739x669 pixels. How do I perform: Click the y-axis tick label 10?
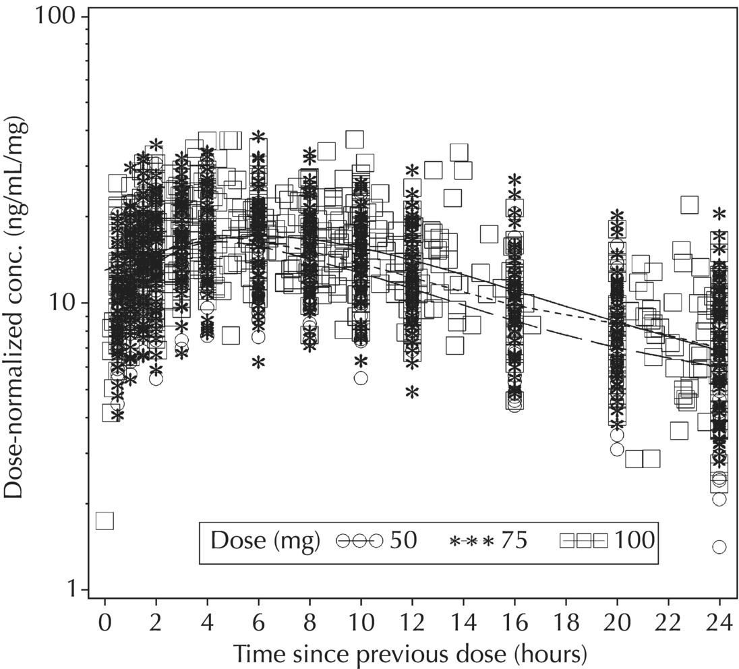(67, 303)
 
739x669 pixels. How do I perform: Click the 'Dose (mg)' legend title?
(265, 541)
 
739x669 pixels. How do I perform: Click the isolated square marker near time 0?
(105, 521)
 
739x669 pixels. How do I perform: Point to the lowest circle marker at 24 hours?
(719, 546)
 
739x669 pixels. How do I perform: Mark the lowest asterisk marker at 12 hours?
(412, 392)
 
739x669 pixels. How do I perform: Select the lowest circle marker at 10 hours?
(361, 378)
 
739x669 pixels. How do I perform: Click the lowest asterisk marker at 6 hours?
(258, 363)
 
